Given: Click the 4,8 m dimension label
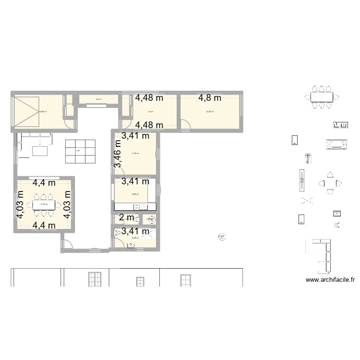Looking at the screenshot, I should tap(210, 98).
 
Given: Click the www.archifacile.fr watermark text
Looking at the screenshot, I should tap(330, 281).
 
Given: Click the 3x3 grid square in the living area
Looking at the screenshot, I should tap(80, 151).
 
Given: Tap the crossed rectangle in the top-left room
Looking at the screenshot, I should tap(26, 108).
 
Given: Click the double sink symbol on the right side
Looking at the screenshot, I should tap(340, 125).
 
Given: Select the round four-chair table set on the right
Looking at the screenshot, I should tap(330, 183).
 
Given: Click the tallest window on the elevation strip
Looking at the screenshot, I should tap(94, 279).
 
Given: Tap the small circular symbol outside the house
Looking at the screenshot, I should tap(222, 236).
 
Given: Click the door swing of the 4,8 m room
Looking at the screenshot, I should tap(186, 126).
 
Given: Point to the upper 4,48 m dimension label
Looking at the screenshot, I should tap(149, 98).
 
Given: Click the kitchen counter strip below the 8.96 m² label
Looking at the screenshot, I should tap(135, 207).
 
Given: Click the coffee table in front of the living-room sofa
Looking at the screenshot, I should tap(40, 151).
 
